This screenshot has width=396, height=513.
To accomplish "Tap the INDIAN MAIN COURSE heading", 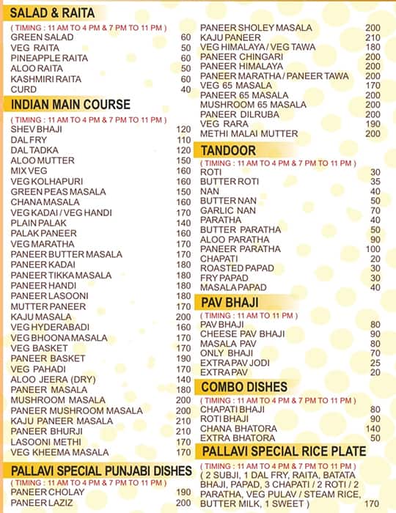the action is pyautogui.click(x=70, y=104).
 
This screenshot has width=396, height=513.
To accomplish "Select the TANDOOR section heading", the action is pyautogui.click(x=228, y=150).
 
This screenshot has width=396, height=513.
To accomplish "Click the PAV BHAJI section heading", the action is pyautogui.click(x=231, y=301).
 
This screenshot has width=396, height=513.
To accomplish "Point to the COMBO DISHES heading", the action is pyautogui.click(x=245, y=386).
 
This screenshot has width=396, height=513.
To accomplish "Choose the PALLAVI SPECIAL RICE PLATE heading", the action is pyautogui.click(x=283, y=451).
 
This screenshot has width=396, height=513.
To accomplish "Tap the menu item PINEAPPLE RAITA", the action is pyautogui.click(x=45, y=58).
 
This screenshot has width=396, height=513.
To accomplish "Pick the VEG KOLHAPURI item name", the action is pyautogui.click(x=46, y=181).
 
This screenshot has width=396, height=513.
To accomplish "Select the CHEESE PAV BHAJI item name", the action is pyautogui.click(x=238, y=334).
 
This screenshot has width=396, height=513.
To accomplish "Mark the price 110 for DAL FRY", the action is pyautogui.click(x=183, y=139).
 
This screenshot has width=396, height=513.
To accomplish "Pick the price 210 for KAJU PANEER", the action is pyautogui.click(x=373, y=37).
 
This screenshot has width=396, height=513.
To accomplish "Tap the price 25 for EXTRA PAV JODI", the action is pyautogui.click(x=375, y=363).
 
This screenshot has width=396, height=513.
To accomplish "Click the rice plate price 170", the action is pyautogui.click(x=372, y=503).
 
